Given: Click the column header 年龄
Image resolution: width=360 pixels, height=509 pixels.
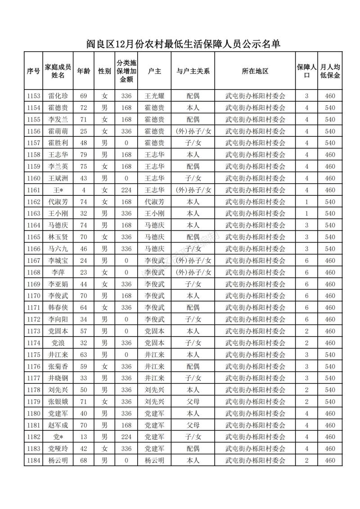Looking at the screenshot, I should (83, 71).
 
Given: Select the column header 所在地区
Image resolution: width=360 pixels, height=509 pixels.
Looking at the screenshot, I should (255, 71).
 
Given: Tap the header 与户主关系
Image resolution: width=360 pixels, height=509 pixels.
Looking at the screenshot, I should (193, 71).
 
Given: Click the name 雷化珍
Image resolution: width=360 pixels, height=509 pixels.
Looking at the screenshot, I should (58, 96).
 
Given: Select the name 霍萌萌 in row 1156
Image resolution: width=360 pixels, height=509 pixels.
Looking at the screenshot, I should (58, 131).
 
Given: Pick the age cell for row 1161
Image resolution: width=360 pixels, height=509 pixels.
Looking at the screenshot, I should (83, 190).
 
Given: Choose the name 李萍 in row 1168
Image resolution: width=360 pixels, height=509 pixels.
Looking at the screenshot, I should (58, 272).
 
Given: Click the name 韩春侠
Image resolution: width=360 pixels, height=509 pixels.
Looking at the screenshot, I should (58, 307).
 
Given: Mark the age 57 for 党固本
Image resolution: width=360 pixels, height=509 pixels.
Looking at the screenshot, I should (83, 331).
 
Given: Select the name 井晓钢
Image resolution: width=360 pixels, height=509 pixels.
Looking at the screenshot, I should (58, 378).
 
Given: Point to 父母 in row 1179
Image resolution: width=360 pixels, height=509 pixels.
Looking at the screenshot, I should (193, 401).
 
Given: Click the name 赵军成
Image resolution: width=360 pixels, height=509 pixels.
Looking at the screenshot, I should (58, 425).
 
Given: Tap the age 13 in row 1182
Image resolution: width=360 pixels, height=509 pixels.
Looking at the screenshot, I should (83, 437).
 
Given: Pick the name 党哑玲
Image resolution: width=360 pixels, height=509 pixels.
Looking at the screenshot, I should (58, 448).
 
